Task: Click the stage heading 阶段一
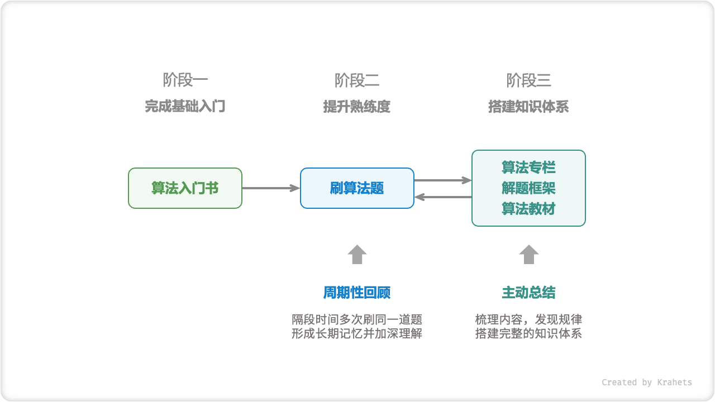[185, 80]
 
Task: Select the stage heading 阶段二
[357, 80]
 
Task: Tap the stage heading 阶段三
[528, 80]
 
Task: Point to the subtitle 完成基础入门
[185, 106]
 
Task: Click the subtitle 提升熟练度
[357, 106]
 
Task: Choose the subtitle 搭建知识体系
[528, 106]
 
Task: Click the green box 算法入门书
[185, 188]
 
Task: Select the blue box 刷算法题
[357, 188]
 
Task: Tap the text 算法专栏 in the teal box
[528, 167]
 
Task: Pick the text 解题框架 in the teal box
[528, 188]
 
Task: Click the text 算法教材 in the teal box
[528, 209]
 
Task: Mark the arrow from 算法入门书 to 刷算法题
[271, 188]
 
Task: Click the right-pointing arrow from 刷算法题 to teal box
[443, 180]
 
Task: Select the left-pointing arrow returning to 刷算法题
[443, 197]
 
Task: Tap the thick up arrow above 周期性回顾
[357, 254]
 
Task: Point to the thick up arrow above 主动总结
[528, 254]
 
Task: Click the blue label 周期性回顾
[357, 293]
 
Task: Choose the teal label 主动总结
[528, 293]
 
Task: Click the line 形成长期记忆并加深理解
[357, 334]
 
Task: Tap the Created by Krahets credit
[646, 382]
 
